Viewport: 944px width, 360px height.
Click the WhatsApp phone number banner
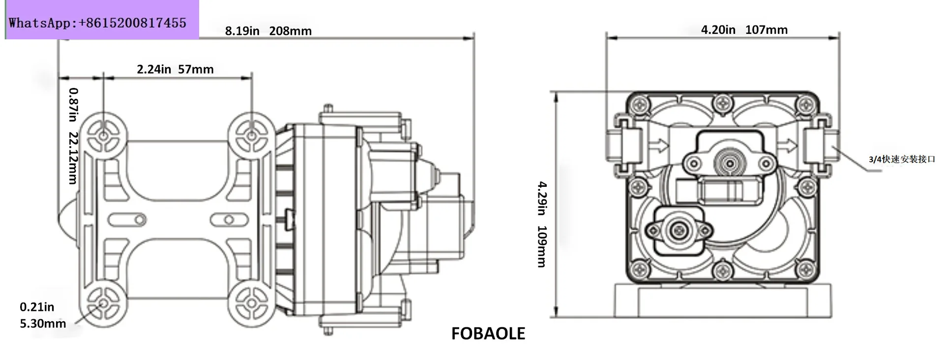[97, 23]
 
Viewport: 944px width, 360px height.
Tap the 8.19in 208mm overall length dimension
[268, 31]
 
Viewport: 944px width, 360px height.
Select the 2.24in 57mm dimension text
[175, 69]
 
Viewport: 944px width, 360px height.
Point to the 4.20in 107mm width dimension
[744, 30]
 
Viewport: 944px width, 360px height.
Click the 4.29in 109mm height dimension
[542, 224]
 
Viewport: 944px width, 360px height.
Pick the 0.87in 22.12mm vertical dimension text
[73, 136]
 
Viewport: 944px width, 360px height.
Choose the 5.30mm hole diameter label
[43, 324]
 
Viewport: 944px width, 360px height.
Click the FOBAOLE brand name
[488, 334]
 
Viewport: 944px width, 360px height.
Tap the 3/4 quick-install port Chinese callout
[902, 159]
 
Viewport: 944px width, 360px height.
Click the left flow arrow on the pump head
[659, 146]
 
